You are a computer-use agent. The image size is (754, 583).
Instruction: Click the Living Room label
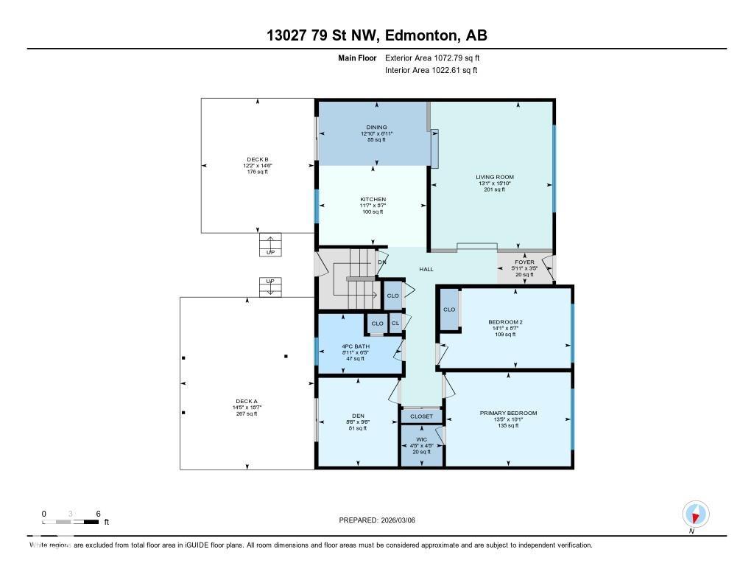coord(494,177)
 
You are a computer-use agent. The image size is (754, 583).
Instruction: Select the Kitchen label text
coord(373,199)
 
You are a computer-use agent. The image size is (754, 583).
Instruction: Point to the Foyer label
coord(524,262)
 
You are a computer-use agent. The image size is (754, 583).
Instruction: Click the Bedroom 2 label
coord(505,322)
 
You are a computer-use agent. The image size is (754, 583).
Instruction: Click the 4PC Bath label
coord(356,346)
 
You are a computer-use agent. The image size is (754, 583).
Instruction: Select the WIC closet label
coord(421,439)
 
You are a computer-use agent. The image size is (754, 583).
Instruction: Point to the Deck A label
coord(247,401)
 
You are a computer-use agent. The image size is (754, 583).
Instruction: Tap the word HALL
coord(426,269)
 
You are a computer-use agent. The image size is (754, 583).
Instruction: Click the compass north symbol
coord(695,514)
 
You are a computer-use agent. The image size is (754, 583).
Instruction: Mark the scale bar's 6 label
coord(97,514)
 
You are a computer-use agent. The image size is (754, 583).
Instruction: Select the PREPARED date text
coord(382,520)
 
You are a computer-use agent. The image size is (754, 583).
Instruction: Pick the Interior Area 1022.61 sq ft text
coord(431,71)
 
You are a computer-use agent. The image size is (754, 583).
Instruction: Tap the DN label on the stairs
coord(381,262)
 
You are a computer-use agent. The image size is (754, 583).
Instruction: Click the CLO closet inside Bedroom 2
coord(449,310)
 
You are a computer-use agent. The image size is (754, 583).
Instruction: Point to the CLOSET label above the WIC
coord(421,416)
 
